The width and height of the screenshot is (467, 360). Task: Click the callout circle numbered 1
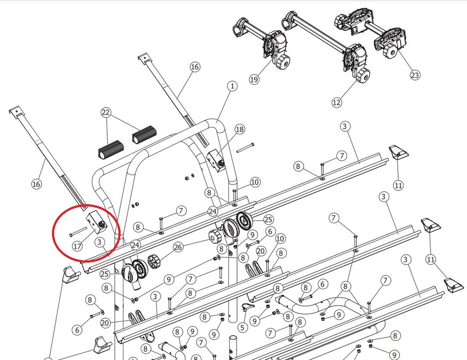click(232, 86)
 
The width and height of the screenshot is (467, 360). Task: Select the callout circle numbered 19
click(254, 79)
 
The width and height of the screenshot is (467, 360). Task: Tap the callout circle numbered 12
click(337, 103)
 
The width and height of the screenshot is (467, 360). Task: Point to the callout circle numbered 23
click(415, 75)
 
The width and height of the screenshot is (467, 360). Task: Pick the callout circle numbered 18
click(240, 129)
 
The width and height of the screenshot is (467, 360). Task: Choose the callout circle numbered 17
click(77, 246)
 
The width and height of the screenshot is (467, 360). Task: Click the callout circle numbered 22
click(106, 113)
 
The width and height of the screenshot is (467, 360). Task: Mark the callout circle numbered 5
click(243, 328)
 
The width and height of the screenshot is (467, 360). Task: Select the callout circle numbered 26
click(178, 247)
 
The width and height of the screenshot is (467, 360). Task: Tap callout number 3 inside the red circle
click(100, 242)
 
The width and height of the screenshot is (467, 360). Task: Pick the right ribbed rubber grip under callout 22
click(144, 134)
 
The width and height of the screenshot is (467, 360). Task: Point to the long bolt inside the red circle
click(78, 232)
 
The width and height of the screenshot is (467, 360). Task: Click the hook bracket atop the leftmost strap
click(16, 111)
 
